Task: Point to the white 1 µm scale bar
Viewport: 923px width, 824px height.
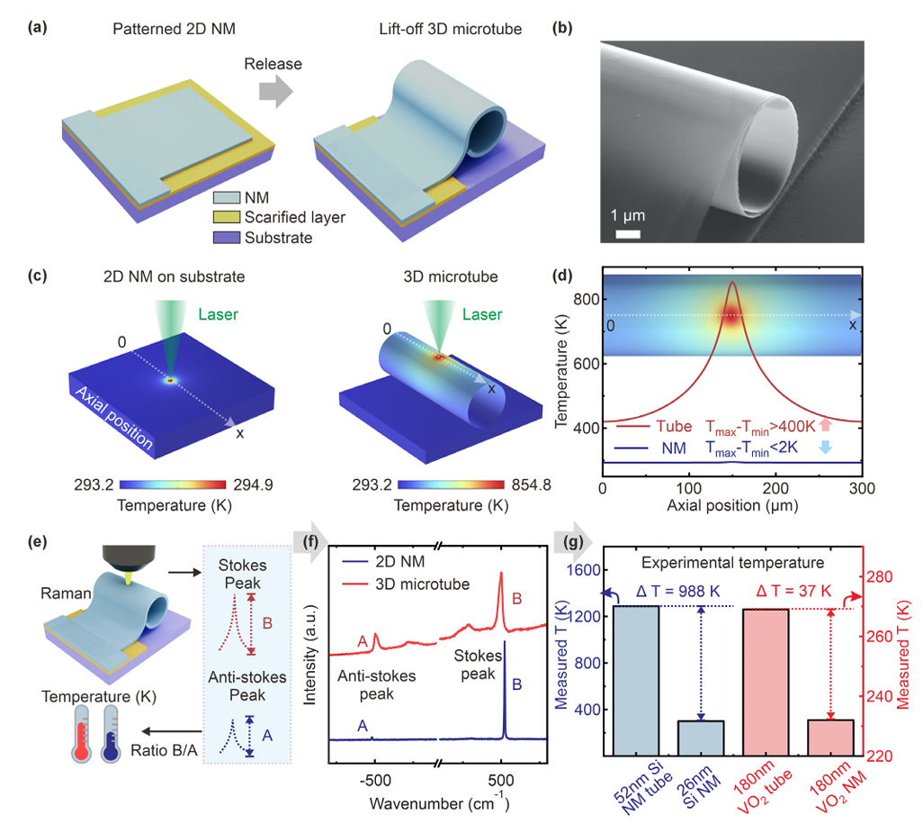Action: click(x=628, y=236)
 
